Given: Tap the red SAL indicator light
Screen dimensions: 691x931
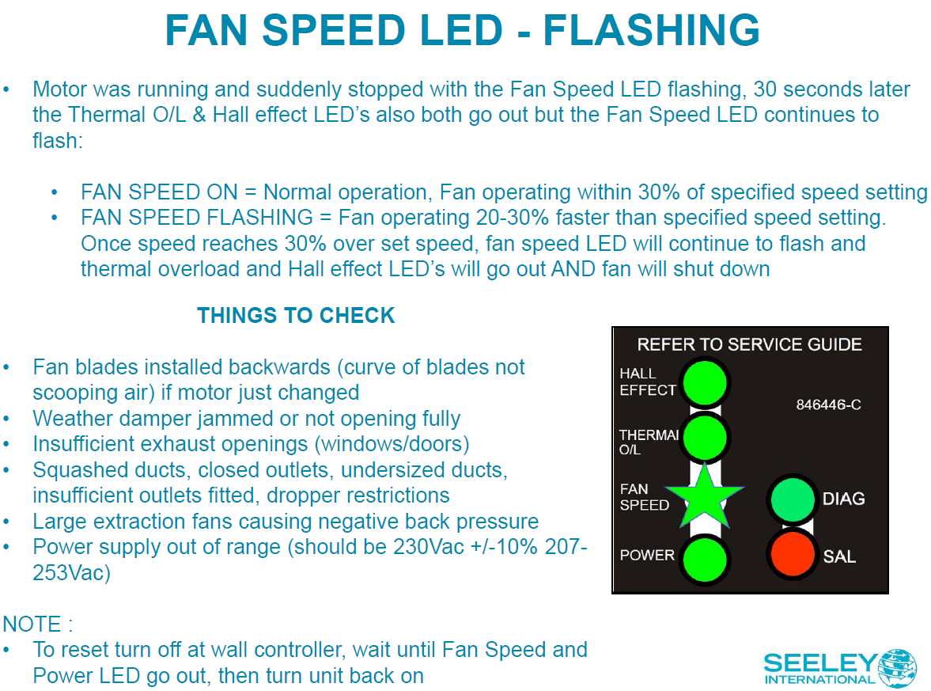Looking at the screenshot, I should [x=790, y=556].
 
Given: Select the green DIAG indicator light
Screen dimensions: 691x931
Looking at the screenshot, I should [x=790, y=499].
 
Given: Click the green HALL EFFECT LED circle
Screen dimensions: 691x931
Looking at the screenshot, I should [x=704, y=382].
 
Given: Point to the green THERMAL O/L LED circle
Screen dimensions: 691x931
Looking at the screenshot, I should [x=704, y=437].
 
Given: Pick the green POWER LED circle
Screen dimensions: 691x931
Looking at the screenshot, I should [x=704, y=558].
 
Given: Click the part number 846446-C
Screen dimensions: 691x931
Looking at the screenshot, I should [x=827, y=405].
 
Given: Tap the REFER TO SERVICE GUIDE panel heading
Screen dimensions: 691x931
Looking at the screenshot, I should [x=749, y=344].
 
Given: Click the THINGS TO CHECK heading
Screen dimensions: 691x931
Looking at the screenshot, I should [x=296, y=316].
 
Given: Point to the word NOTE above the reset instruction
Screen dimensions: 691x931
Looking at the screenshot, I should [x=32, y=624].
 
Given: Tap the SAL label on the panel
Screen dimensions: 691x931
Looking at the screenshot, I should [x=839, y=556].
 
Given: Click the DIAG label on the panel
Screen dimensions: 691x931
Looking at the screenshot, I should [x=843, y=499].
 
